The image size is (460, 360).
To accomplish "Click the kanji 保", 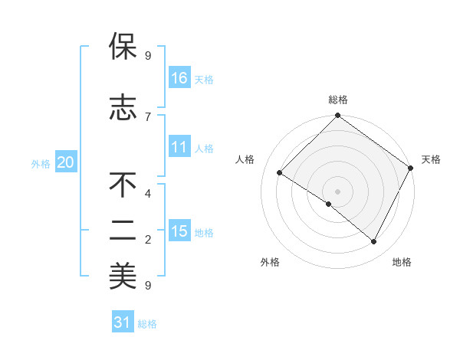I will coord(123,47).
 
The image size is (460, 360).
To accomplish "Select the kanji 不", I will coord(123,185).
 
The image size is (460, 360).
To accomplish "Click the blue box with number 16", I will coord(179,77).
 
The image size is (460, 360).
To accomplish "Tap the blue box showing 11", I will coord(179,147).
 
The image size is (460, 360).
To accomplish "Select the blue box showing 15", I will coord(179,231).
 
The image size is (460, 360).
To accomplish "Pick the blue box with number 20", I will coord(65,162).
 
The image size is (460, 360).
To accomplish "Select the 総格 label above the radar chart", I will coord(338,100).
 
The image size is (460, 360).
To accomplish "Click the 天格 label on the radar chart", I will coord(431,159).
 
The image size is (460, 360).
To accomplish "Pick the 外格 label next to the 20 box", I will coord(41,163).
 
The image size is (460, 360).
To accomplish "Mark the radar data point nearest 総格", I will coord(337,116).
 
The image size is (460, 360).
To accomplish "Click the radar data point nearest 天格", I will coord(411,169).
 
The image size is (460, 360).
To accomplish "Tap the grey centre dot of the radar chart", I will coord(337,191).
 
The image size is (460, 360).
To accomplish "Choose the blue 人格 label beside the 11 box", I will coord(204,148).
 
